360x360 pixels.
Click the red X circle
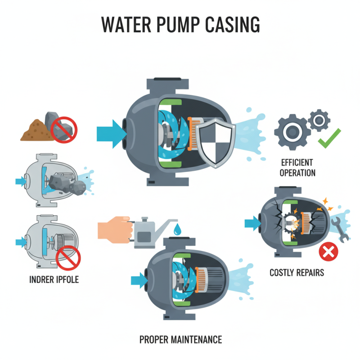click(x=328, y=252)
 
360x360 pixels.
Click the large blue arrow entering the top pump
click(x=110, y=133)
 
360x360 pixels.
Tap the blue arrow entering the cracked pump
click(x=252, y=221)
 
